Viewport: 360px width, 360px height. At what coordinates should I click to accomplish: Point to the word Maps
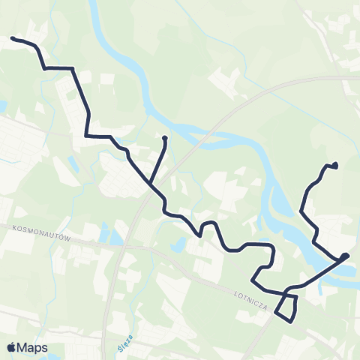click(33, 347)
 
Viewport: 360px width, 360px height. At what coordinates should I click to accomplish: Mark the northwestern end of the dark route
click(12, 38)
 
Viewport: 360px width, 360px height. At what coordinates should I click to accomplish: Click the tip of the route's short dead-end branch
click(163, 137)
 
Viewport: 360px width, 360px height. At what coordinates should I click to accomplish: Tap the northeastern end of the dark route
click(335, 165)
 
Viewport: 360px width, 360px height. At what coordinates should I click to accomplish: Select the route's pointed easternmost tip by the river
click(347, 256)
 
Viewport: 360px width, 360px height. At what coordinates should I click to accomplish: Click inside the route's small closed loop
click(287, 307)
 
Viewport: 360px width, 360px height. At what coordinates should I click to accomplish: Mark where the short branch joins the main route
click(150, 184)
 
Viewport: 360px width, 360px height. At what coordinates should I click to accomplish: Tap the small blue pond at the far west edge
click(3, 106)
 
